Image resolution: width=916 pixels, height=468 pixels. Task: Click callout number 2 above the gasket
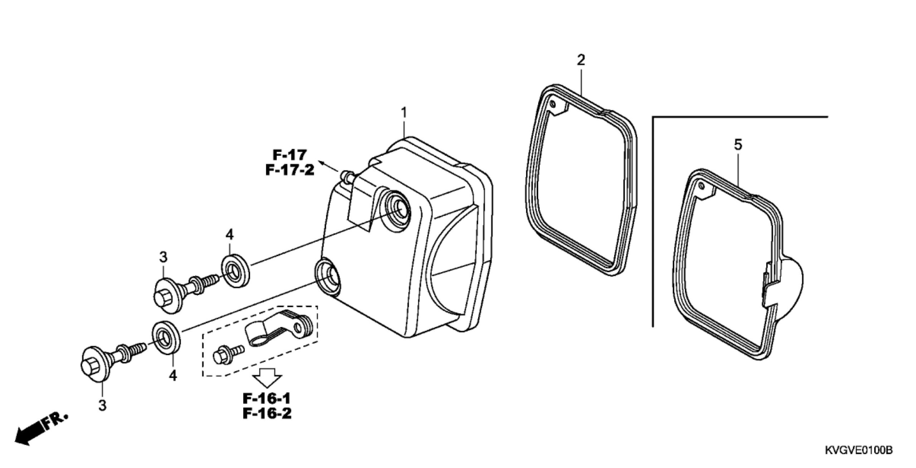pyautogui.click(x=581, y=60)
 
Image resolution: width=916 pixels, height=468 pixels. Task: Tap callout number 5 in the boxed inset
pyautogui.click(x=738, y=145)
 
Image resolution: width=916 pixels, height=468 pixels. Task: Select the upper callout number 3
pyautogui.click(x=163, y=257)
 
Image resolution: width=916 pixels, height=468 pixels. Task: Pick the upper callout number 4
pyautogui.click(x=229, y=235)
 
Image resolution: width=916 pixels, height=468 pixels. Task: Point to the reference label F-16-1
pyautogui.click(x=267, y=399)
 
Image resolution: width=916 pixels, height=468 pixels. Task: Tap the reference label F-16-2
pyautogui.click(x=267, y=414)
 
